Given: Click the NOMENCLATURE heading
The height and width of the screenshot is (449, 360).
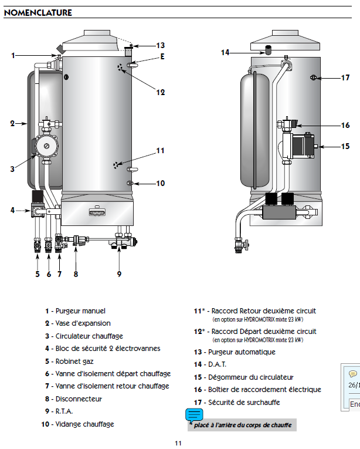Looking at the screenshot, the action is tap(38, 12).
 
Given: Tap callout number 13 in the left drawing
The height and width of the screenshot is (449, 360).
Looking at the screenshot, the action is tap(161, 45).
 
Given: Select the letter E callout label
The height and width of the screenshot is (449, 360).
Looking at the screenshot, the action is tap(162, 56).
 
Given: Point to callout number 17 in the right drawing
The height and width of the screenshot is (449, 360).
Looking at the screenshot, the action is tap(345, 77).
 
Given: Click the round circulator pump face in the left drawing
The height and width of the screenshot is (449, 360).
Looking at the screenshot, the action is tap(46, 146).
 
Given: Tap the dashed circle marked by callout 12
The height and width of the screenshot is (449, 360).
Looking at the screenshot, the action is tap(120, 67).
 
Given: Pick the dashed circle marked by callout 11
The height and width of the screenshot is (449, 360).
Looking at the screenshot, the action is tap(116, 166).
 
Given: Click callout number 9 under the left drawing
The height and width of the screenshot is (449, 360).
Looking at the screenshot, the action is tap(119, 274).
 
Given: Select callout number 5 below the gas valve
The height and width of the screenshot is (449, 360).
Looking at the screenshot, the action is tap(38, 274).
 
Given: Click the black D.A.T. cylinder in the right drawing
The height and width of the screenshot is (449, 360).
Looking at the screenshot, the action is tap(269, 50).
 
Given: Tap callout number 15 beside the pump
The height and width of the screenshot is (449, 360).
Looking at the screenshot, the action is tap(345, 146).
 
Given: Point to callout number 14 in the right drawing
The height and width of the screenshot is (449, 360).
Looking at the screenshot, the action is tap(225, 52).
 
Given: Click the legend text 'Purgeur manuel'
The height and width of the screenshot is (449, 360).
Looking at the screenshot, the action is tap(80, 311).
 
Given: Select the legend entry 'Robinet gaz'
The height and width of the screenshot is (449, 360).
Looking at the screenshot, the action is tap(74, 362).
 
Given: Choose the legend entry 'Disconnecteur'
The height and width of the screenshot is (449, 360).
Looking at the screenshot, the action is tap(79, 399).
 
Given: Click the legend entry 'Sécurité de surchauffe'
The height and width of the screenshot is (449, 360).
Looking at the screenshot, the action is tap(244, 402).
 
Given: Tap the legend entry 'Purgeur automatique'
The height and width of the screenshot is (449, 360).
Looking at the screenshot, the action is tap(242, 352).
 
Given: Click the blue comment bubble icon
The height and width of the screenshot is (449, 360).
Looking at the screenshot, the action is tap(194, 415).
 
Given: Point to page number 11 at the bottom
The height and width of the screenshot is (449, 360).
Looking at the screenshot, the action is tap(178, 443).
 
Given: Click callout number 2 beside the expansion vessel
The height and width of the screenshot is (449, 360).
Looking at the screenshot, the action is tap(12, 123).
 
